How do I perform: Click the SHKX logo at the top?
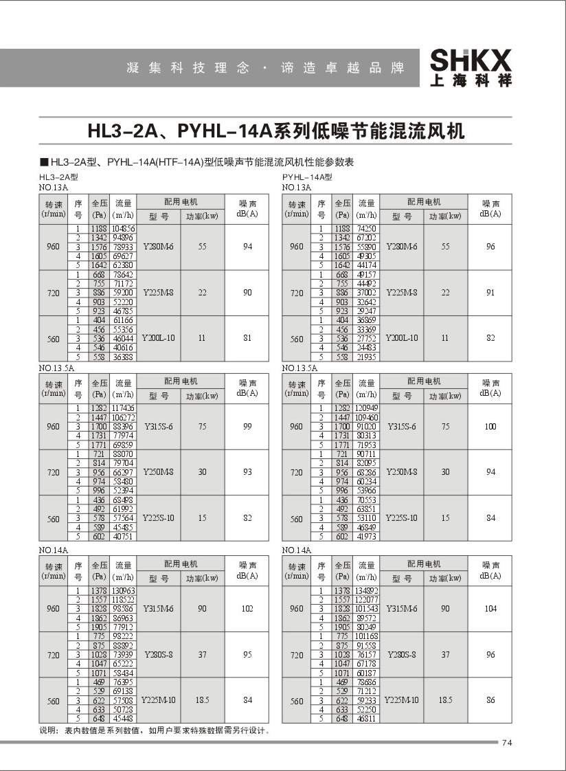tap(471, 67)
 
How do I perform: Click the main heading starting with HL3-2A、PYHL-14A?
tap(276, 131)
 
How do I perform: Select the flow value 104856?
tap(124, 227)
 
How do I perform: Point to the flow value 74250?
tap(365, 227)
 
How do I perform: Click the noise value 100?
tap(490, 427)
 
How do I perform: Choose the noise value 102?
tap(247, 609)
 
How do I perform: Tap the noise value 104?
tap(490, 609)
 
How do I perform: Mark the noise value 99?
tap(247, 427)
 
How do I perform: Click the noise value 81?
tap(247, 338)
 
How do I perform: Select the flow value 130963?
tap(124, 591)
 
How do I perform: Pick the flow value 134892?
tap(365, 591)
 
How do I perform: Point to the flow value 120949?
tap(365, 409)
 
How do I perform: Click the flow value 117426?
tap(124, 409)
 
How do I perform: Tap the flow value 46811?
tap(365, 718)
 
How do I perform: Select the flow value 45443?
tap(124, 718)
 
